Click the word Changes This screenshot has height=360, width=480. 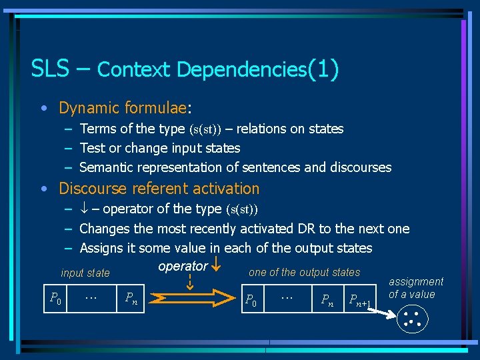tap(104, 229)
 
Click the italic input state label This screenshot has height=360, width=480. tap(85, 273)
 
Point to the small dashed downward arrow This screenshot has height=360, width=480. tap(189, 280)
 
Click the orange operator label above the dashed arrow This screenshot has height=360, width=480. tap(183, 266)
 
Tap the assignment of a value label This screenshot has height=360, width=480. tap(415, 288)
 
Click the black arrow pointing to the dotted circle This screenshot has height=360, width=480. tap(386, 315)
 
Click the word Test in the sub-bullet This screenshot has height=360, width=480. tap(91, 148)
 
